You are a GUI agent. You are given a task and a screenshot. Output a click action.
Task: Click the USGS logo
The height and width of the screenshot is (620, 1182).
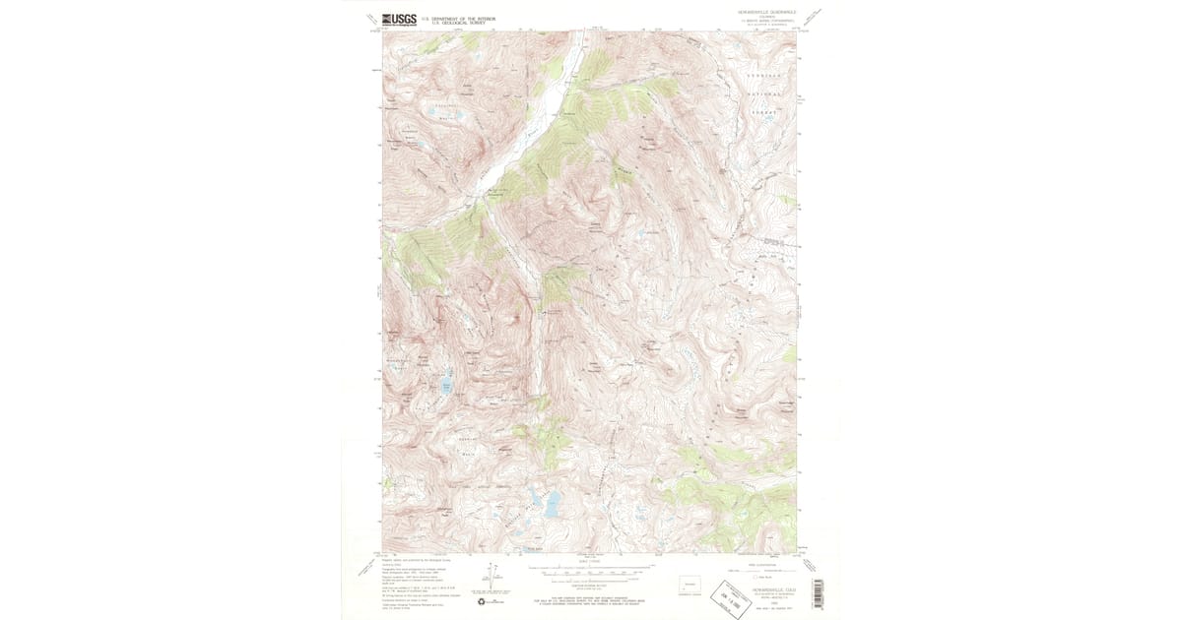tap(398, 19)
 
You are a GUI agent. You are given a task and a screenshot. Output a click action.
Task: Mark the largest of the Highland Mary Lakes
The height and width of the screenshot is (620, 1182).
tap(551, 504)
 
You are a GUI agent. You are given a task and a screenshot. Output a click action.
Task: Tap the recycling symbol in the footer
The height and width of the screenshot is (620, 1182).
tap(482, 601)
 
